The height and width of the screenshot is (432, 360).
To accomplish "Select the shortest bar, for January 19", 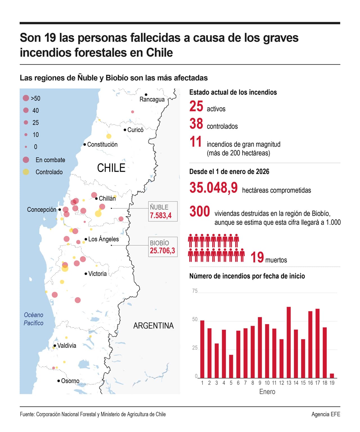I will click(332, 376).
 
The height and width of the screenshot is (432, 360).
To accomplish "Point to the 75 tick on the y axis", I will click(195, 291).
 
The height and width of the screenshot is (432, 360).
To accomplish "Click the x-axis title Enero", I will click(267, 391).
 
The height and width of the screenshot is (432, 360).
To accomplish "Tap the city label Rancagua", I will click(152, 100).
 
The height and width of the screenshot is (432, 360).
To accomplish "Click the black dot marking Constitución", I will click(85, 145).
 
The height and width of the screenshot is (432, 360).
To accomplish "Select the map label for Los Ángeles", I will click(103, 239).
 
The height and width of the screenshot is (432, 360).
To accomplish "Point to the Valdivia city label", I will click(67, 345).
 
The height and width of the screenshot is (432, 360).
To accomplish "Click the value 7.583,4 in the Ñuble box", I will click(161, 215).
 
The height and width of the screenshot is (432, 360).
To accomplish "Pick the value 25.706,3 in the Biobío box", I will click(162, 251).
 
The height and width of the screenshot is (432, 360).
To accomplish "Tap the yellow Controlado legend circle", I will click(26, 172).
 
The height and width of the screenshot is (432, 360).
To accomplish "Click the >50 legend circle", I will click(26, 98).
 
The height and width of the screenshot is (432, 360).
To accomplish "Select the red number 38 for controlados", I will click(196, 124).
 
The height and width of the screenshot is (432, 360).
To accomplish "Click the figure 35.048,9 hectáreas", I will click(213, 188).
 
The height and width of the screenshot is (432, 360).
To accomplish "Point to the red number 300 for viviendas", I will click(199, 211).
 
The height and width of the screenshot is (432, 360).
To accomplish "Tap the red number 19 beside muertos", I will click(257, 257).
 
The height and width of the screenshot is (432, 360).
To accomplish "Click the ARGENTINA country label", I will click(153, 326).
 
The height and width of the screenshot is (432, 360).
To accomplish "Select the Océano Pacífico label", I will click(33, 319).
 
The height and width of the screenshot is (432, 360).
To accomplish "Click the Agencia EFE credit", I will click(326, 414).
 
